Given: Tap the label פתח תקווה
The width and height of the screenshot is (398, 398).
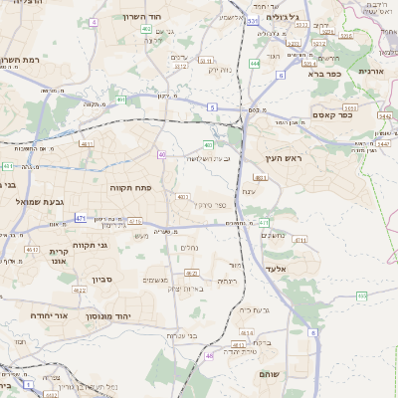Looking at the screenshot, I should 128,186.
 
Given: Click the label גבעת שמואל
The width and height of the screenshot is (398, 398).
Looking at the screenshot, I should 41,202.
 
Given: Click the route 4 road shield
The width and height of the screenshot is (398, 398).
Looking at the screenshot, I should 94,21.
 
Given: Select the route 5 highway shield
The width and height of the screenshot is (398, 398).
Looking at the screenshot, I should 212,105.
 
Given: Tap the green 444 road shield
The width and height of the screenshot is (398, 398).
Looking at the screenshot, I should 255,64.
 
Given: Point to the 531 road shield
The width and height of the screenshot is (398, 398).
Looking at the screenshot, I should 254,20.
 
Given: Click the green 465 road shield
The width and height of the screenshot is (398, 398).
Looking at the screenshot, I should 361,296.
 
